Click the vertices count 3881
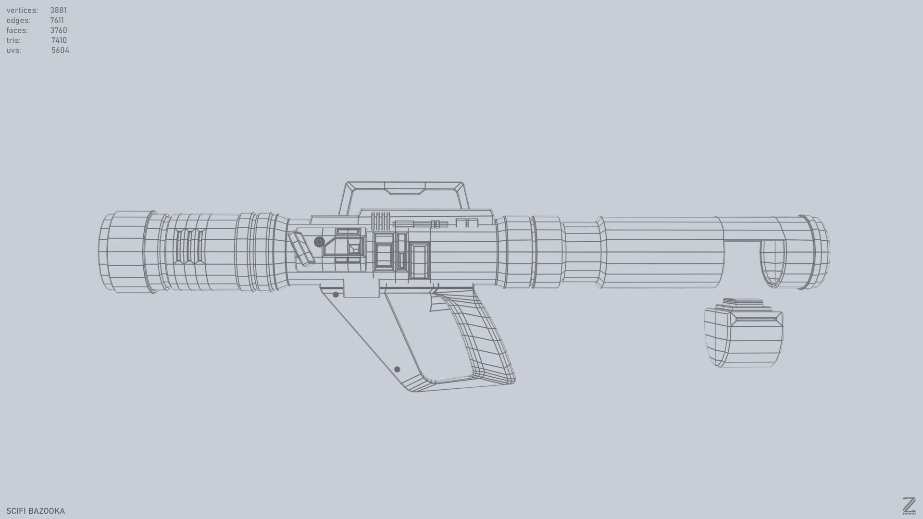tap(58, 10)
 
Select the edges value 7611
tap(57, 20)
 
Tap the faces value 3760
tap(58, 30)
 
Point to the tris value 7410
tap(59, 40)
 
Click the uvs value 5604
tap(60, 50)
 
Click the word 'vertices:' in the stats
tap(22, 10)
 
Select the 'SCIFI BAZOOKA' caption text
tap(36, 511)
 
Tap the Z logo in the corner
tap(909, 506)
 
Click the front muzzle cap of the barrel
tap(817, 252)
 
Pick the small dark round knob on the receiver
tap(319, 242)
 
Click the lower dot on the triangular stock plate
tap(397, 369)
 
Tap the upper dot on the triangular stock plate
tap(336, 295)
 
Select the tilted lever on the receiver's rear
tap(301, 248)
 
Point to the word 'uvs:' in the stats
tap(13, 50)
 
